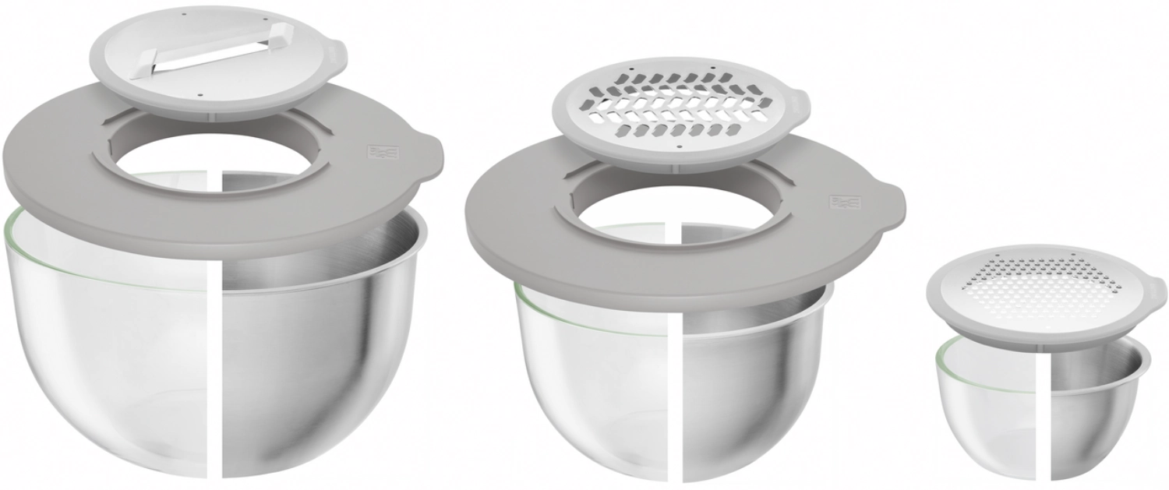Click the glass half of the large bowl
(109, 351)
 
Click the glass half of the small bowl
(990, 397)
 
